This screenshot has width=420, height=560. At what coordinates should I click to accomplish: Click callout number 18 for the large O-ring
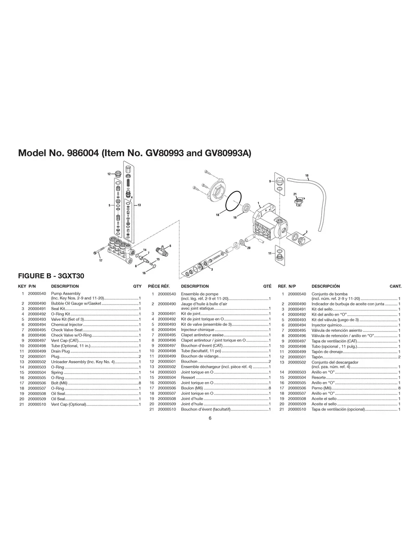coord(217,215)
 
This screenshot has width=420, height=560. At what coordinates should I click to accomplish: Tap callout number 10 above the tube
coord(306,175)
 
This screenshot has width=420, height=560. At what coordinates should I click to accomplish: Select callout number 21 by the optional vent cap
coord(295,194)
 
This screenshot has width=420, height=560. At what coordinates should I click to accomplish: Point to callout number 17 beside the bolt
coord(101,261)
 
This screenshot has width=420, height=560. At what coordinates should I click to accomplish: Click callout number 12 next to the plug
coord(109,174)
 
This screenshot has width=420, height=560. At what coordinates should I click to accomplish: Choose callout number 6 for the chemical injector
coord(170,246)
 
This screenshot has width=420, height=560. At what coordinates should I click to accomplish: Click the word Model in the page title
coord(32,153)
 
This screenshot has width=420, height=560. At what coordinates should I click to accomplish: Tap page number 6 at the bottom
coord(210,418)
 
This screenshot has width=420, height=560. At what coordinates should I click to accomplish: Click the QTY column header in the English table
coord(137,286)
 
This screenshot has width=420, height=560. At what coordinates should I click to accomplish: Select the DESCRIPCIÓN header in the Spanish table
coord(325,286)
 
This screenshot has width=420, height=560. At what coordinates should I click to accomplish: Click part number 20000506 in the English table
coord(37,383)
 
